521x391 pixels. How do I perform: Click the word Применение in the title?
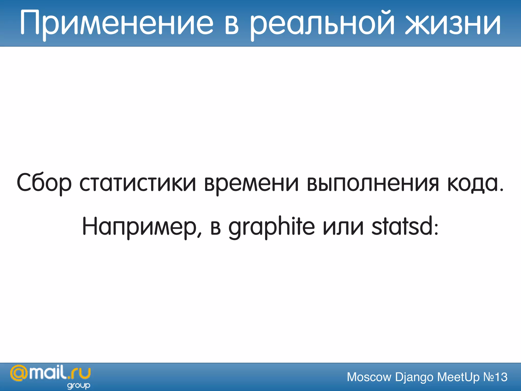[117, 23]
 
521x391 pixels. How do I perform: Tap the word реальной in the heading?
[322, 23]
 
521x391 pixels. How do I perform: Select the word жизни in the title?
[453, 23]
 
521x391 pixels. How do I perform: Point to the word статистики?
[138, 183]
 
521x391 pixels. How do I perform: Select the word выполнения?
[373, 183]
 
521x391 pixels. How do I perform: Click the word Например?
[140, 227]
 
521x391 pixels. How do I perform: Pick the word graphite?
[271, 227]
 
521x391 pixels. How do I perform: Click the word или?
[343, 227]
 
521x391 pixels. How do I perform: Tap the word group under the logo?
[79, 386]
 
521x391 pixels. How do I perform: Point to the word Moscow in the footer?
[369, 377]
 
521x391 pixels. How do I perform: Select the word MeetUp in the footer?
[458, 377]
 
